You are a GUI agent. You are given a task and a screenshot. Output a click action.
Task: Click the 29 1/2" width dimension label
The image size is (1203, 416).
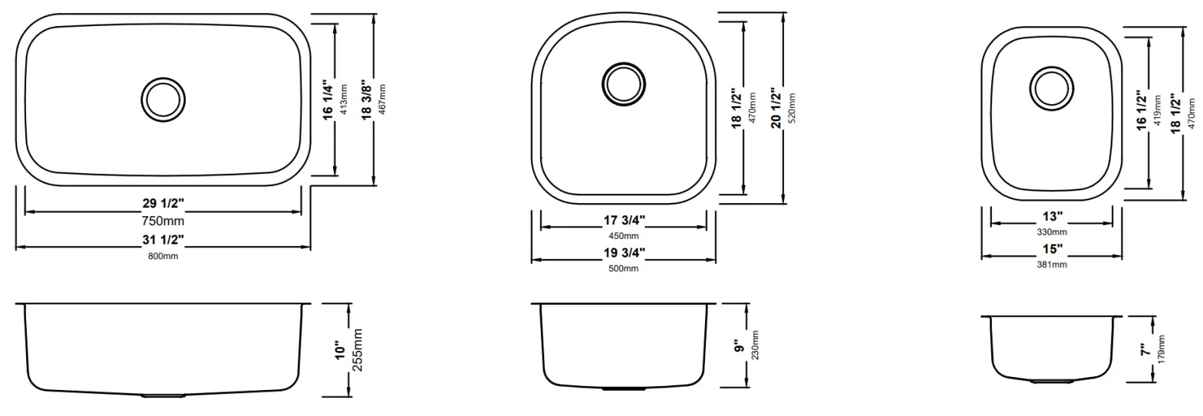163,204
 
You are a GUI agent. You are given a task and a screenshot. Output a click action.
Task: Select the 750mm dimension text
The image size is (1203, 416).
163,221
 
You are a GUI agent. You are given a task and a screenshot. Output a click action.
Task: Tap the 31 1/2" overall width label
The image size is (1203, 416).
163,239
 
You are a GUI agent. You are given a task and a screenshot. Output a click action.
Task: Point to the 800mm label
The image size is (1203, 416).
163,256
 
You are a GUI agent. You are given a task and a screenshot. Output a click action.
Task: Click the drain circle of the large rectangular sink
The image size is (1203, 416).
163,98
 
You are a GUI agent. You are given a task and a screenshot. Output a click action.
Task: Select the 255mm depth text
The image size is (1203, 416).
357,350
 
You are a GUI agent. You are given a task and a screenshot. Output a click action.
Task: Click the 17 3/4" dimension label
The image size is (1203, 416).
623,220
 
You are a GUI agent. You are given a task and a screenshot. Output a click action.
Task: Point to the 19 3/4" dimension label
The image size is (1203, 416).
623,252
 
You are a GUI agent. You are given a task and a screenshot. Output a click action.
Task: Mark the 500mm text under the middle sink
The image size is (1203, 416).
623,268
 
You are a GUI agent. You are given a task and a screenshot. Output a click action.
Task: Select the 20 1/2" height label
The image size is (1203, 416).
776,109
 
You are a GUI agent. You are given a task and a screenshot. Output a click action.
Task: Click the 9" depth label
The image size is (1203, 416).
739,346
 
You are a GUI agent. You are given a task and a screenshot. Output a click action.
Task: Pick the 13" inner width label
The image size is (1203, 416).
1052,217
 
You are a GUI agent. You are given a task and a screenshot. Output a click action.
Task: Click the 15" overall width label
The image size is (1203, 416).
1052,249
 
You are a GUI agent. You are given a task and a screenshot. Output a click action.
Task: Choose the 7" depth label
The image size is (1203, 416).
1144,350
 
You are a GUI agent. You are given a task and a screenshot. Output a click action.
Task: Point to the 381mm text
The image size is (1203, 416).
1052,264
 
